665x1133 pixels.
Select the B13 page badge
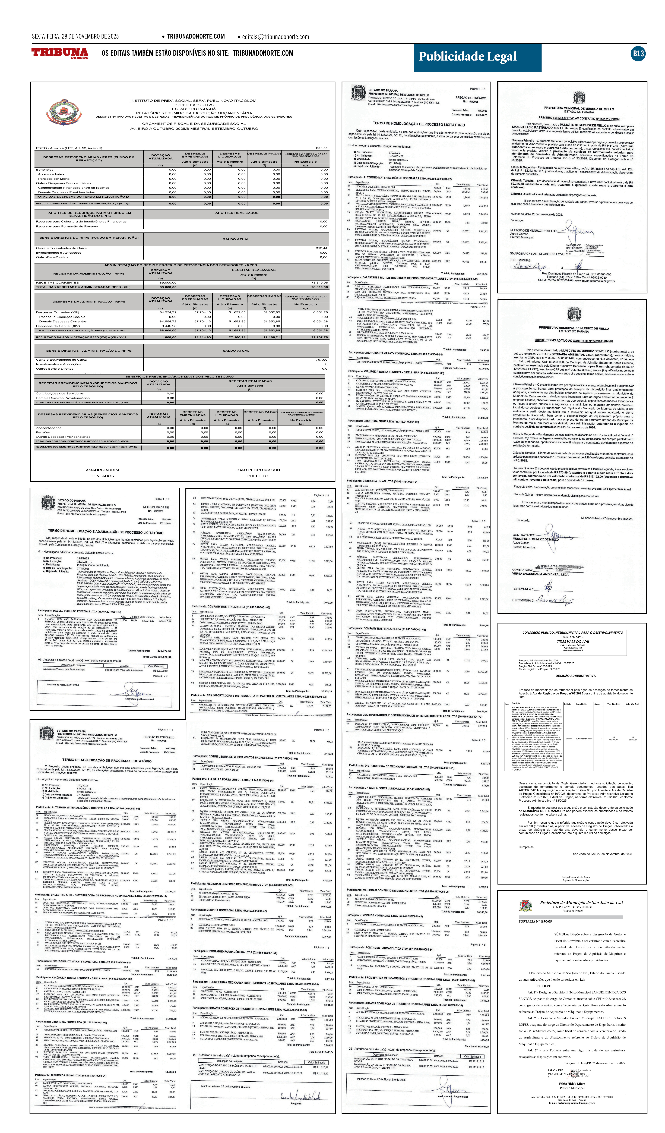(x=638, y=53)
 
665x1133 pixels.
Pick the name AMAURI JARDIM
(x=102, y=470)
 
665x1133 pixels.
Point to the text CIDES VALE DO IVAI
(x=572, y=642)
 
